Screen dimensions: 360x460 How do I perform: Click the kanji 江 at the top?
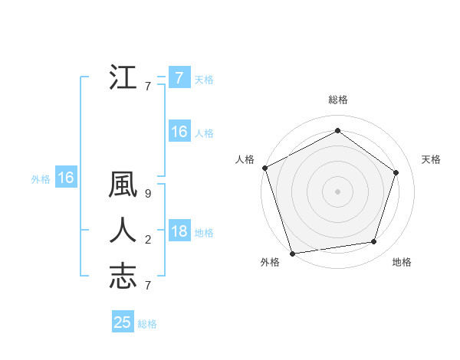click(x=123, y=78)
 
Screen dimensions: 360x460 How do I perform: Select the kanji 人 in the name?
click(x=123, y=231)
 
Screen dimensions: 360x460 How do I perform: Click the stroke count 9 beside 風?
click(x=148, y=194)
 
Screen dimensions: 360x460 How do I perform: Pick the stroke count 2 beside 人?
click(x=148, y=240)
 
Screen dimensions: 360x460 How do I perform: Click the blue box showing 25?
click(x=123, y=322)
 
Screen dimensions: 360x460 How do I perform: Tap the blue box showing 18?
click(x=179, y=231)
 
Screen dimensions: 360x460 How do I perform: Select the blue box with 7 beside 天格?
click(x=179, y=78)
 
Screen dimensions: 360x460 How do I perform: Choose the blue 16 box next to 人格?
click(x=179, y=133)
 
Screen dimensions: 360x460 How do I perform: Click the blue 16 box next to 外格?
click(x=66, y=178)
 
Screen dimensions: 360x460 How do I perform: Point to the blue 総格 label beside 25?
click(x=148, y=324)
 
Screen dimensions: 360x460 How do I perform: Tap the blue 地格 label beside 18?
click(x=204, y=233)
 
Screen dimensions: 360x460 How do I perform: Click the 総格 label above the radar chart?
click(x=338, y=100)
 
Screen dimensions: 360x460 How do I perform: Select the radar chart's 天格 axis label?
click(x=431, y=159)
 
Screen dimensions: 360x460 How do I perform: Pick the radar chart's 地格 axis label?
click(x=402, y=262)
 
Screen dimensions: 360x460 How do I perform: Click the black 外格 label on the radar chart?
click(x=270, y=262)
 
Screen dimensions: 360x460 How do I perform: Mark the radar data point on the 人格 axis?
click(x=264, y=168)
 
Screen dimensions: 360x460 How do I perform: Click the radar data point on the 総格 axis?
click(x=337, y=131)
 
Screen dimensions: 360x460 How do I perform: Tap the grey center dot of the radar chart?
click(x=337, y=191)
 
